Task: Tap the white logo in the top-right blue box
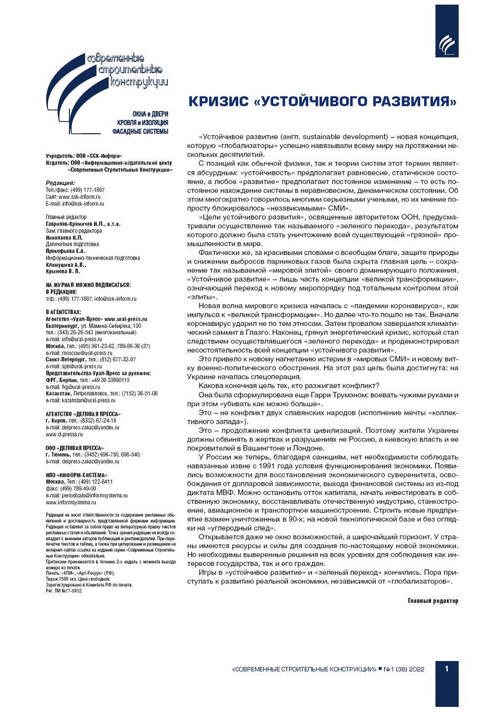coord(446,44)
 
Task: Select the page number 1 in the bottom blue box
coord(446,668)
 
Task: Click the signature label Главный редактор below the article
coord(433,600)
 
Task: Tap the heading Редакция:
coord(60,183)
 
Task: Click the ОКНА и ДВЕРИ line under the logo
coord(150,114)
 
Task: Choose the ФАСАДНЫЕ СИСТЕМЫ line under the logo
coord(140,132)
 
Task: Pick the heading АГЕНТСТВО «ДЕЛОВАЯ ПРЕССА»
coord(83,414)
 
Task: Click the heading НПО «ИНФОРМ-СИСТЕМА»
coord(76,475)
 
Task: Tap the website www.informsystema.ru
coord(71,502)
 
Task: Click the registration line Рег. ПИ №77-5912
coord(64,591)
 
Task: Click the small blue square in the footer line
coord(380,669)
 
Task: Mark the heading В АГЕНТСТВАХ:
coord(63,312)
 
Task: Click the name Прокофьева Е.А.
coord(65,251)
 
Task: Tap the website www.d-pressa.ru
coord(64,434)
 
